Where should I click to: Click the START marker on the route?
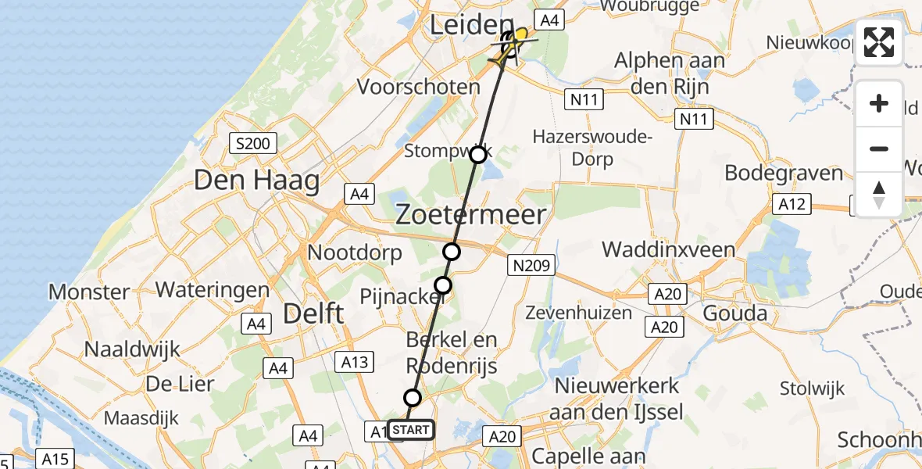409,429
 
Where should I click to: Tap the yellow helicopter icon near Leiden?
512,43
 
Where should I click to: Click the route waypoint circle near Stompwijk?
478,155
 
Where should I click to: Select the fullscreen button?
879,42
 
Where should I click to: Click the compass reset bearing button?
879,193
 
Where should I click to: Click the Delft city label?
313,314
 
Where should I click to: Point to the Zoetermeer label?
470,213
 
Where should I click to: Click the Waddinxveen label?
668,249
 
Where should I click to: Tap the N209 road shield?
532,266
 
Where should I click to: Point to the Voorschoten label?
429,86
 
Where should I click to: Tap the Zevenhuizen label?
579,313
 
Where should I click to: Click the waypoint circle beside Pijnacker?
443,285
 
